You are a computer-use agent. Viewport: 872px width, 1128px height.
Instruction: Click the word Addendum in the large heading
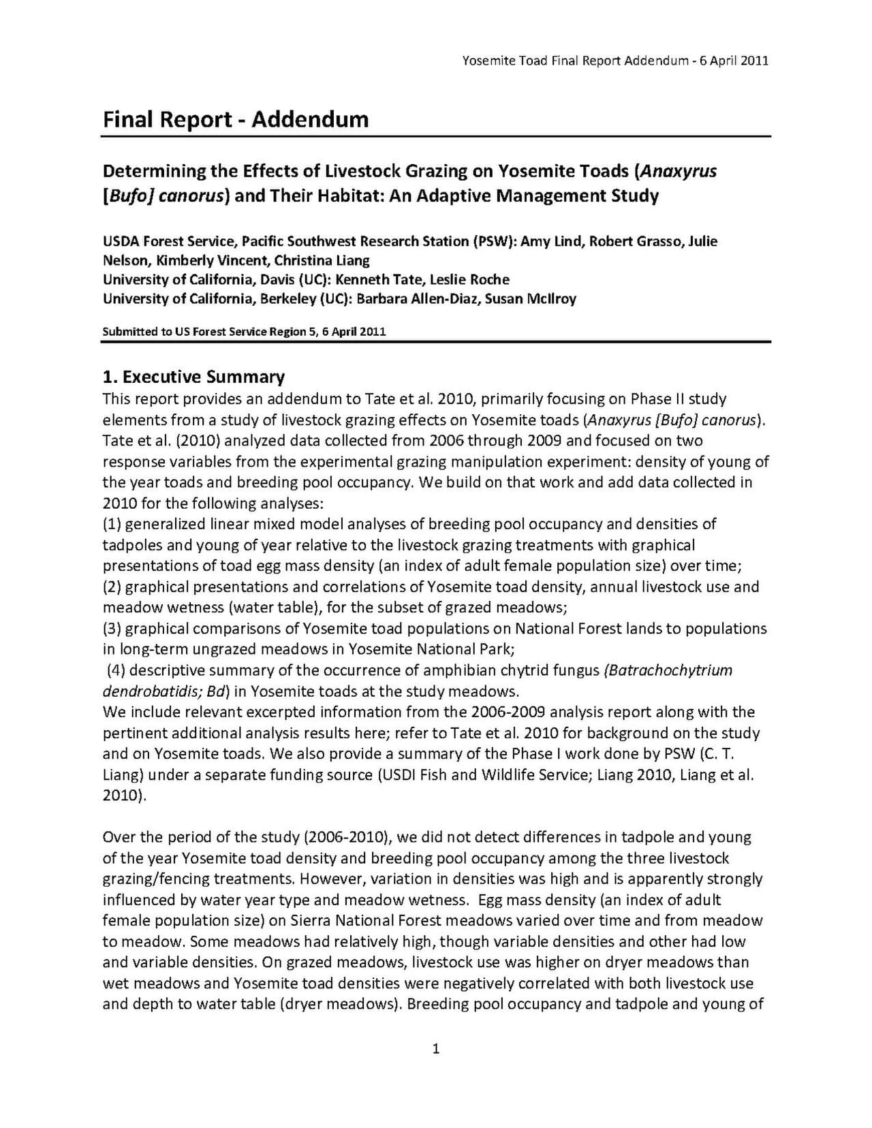310,120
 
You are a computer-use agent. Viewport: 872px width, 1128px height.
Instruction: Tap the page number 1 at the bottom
436,1048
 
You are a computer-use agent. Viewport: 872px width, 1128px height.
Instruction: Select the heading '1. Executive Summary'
193,377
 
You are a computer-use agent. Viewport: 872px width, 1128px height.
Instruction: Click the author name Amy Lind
551,241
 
